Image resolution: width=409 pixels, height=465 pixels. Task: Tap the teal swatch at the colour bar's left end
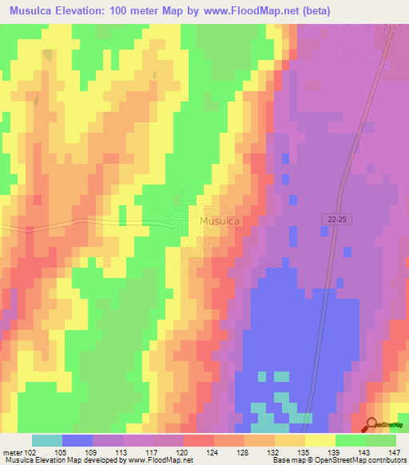click(x=47, y=440)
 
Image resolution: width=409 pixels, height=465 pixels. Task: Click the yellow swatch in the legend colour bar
click(x=320, y=440)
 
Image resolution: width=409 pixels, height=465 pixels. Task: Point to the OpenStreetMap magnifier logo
click(x=371, y=425)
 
